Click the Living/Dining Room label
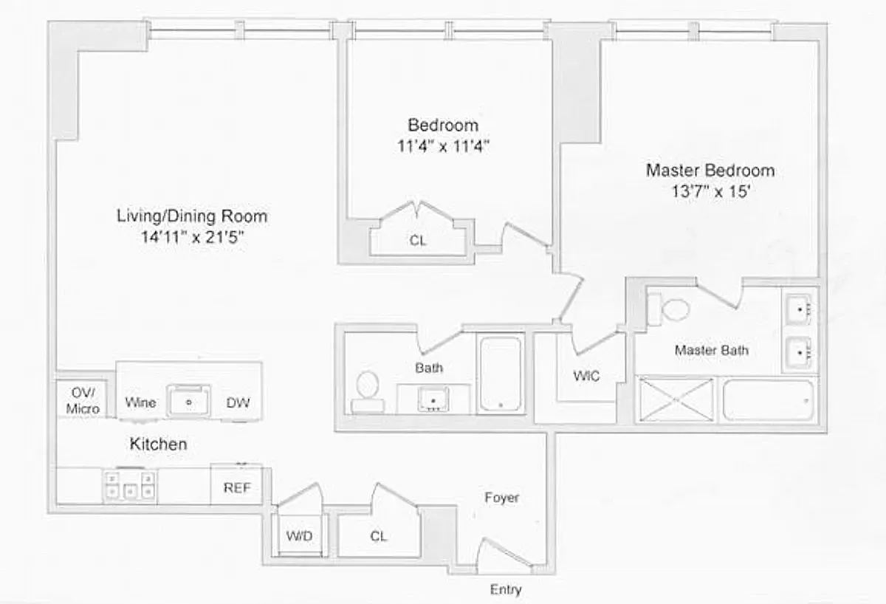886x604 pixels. pos(192,216)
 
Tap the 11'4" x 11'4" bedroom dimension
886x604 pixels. pos(443,146)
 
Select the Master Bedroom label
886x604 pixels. pos(710,171)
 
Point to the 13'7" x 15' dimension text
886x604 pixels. pos(711,192)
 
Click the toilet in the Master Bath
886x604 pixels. pos(668,309)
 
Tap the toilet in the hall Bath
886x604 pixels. pos(368,392)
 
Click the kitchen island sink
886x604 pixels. pos(188,401)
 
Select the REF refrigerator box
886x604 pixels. pos(236,484)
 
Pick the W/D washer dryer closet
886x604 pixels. pos(300,535)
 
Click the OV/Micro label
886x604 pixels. pos(83,400)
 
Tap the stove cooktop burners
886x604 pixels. pos(130,485)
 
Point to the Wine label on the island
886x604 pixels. pos(140,402)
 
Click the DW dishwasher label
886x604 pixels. pos(238,402)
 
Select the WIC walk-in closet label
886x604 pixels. pos(586,375)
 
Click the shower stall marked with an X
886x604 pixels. pos(676,399)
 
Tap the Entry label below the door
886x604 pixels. pos(506,589)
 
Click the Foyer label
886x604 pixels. pos(501,497)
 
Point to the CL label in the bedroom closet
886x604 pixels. pos(418,240)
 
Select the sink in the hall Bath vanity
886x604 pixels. pos(433,399)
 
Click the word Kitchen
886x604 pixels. pos(158,444)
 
